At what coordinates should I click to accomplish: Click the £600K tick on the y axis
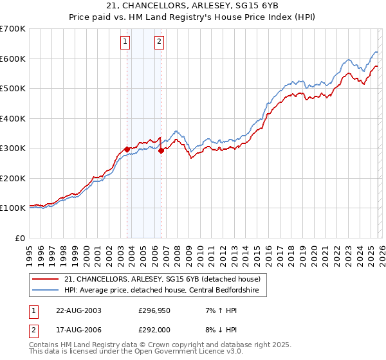(x=12, y=59)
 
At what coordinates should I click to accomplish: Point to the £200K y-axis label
(x=12, y=178)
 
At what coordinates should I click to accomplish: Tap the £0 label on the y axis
(x=20, y=238)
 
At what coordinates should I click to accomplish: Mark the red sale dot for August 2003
(x=127, y=149)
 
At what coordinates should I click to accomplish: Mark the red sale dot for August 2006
(x=161, y=150)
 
